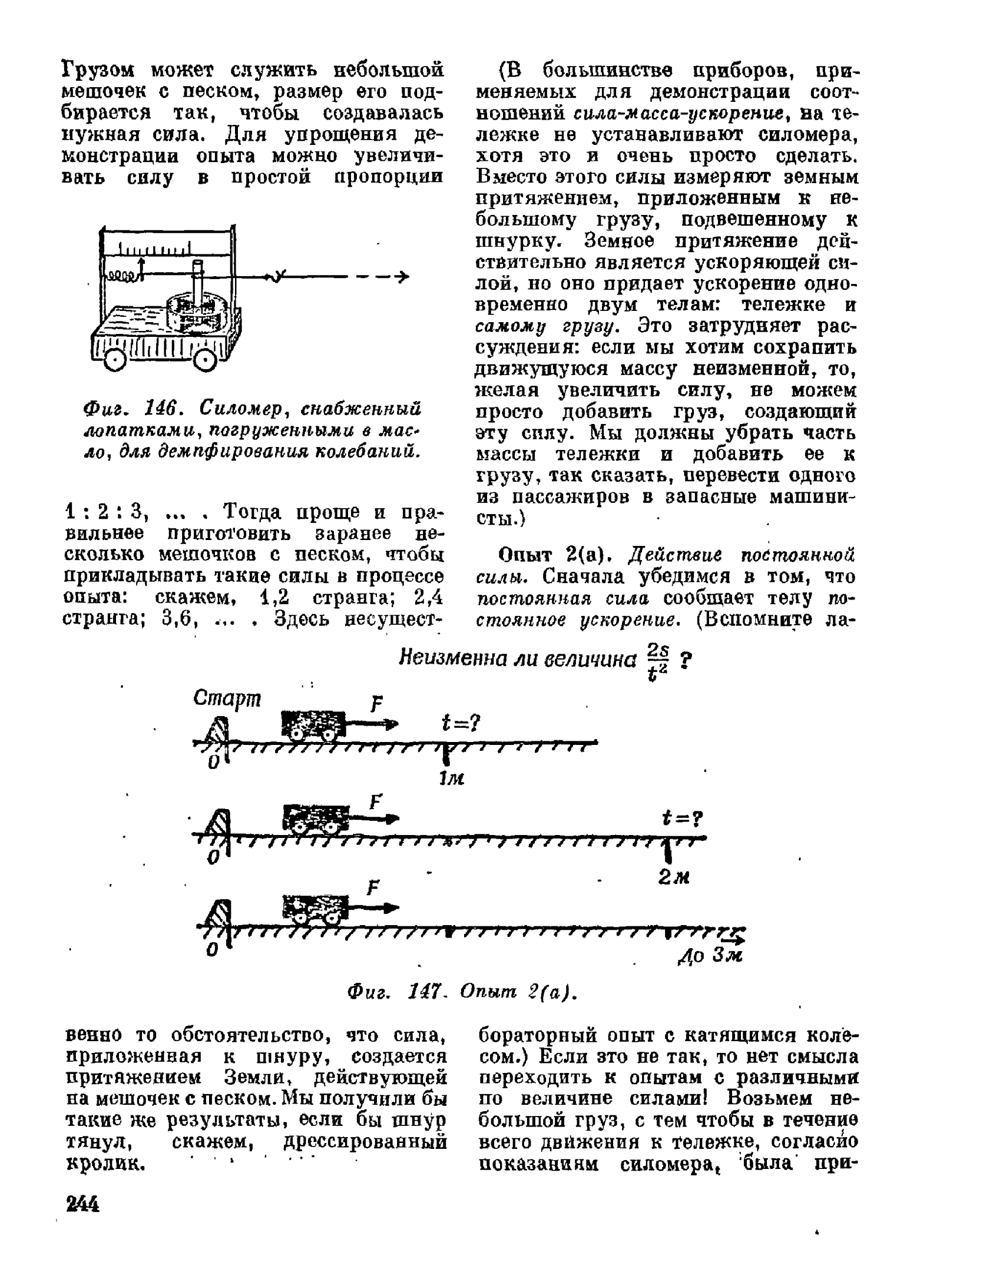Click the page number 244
point(83,1204)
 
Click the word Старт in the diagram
point(227,699)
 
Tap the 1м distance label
point(452,778)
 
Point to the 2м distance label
point(673,877)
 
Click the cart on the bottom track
point(313,912)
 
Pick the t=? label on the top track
point(461,723)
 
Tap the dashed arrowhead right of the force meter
point(403,276)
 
